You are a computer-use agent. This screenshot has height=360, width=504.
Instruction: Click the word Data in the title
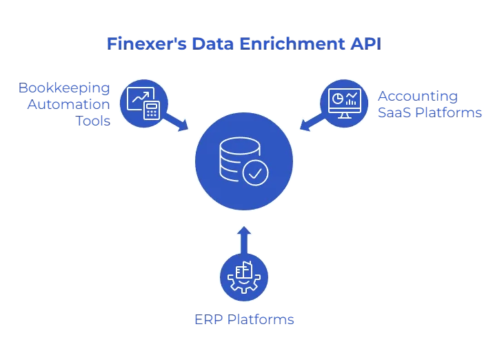206,43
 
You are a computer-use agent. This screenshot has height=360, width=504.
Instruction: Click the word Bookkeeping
63,88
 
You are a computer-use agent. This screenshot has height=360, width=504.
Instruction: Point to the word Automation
68,104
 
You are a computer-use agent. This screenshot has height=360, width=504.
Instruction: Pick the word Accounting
417,95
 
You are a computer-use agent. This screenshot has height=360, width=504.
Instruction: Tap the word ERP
207,320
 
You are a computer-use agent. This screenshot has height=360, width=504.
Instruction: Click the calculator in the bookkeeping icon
152,110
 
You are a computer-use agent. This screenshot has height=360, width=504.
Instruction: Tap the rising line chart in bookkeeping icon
139,99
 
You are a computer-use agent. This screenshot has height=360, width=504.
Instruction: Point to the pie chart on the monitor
337,99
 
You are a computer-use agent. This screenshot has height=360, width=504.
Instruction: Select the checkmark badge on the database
255,172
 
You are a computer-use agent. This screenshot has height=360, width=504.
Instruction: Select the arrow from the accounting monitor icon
311,123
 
